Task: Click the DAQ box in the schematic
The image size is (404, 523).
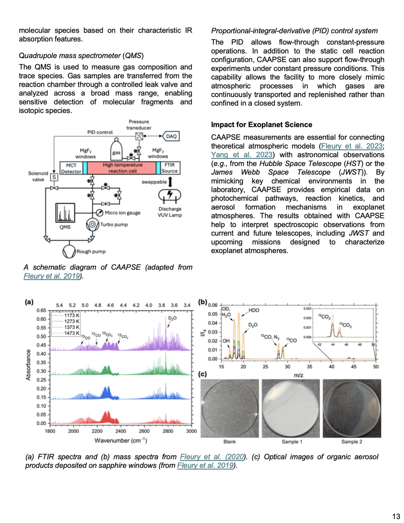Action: coord(171,136)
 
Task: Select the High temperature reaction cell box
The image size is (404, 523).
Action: coord(122,168)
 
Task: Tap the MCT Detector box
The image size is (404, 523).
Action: coord(71,168)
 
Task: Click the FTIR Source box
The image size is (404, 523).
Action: coord(170,168)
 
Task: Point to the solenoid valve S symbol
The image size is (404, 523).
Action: coord(54,177)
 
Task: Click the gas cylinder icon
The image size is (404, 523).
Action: coord(116,150)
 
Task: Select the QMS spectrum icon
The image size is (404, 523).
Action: coord(65,213)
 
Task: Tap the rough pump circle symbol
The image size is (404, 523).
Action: coord(69,251)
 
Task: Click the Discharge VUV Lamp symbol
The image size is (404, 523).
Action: coord(170,195)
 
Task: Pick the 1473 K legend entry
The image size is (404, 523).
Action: coord(72,333)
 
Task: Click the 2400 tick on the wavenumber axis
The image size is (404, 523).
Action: coord(121,431)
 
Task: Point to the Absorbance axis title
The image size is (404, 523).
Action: coord(28,365)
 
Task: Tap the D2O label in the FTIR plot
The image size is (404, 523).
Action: coord(172,318)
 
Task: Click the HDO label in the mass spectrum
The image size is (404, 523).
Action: coord(254,310)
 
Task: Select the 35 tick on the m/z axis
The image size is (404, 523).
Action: coord(310,367)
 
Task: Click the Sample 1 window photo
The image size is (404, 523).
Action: coord(291,408)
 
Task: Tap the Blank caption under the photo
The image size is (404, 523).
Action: coord(229,441)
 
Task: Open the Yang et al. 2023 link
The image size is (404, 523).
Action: coord(242,155)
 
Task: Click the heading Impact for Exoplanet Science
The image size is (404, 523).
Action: coord(262,125)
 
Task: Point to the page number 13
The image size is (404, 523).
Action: coord(396,516)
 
